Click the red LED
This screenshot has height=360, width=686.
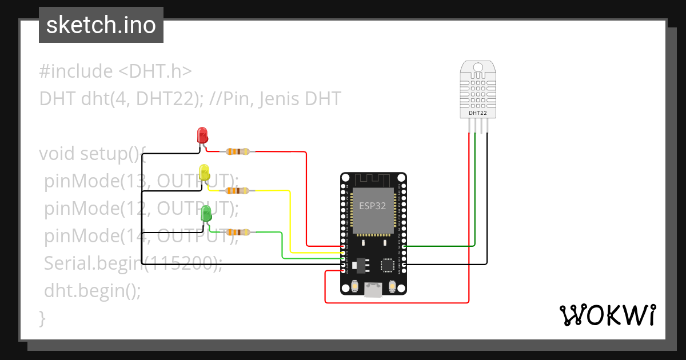coord(202,135)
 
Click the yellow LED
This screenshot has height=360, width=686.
coord(204,171)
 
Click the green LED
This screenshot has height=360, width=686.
coord(206,214)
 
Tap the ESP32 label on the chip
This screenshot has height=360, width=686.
coord(373,206)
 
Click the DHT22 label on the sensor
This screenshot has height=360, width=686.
coord(478,113)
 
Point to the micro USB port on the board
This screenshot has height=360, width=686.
coord(374,290)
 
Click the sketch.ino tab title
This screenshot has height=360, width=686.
coord(101,25)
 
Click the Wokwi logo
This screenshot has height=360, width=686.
coord(607,315)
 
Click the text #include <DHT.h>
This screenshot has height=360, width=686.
coord(115,71)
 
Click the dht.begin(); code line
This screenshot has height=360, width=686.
coord(92,290)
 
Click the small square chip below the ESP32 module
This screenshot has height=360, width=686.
coord(388,265)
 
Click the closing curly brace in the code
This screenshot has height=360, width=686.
coord(42,318)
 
